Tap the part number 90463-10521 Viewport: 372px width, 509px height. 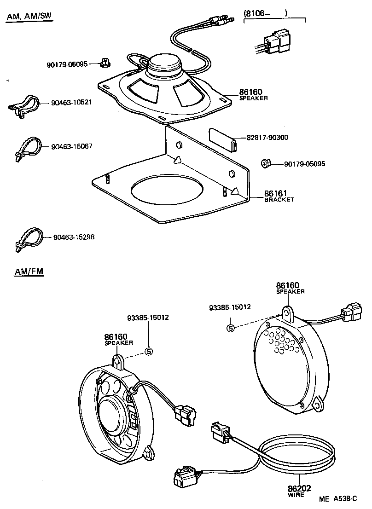coord(71,102)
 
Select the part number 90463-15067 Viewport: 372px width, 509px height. coord(72,146)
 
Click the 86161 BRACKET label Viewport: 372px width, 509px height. coord(279,196)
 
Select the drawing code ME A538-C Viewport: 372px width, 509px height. coord(338,499)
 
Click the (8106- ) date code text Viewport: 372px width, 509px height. coord(265,14)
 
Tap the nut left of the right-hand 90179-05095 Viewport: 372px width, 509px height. coord(265,163)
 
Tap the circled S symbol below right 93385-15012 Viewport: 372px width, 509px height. coord(231,328)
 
